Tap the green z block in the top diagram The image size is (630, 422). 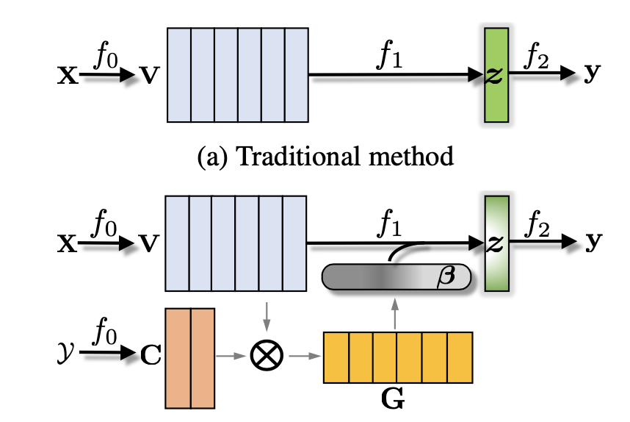pos(496,74)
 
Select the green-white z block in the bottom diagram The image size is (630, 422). pos(496,243)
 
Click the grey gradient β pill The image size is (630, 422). pos(396,277)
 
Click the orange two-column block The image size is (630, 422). pos(190,357)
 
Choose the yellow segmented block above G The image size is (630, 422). pos(397,357)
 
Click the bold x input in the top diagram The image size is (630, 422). pos(67,75)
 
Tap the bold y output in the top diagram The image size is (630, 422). pos(591,75)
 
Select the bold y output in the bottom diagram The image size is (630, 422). pos(591,243)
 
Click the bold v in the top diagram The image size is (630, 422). pos(149,75)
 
